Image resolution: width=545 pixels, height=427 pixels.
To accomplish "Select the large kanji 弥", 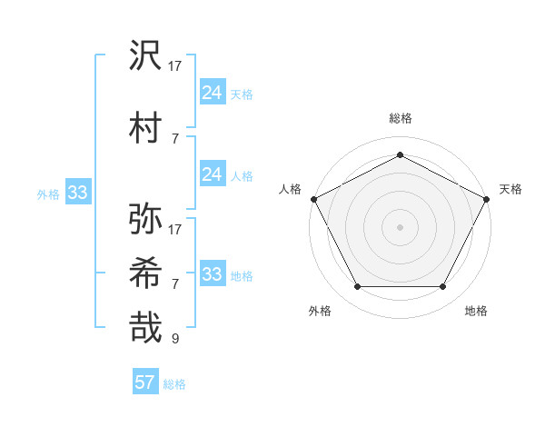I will click(x=146, y=218).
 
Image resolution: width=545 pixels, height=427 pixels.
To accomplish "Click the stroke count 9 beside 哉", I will click(x=175, y=339).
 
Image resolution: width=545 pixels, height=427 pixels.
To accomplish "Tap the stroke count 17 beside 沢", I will click(x=175, y=66).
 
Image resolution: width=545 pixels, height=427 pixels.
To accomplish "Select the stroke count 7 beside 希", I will click(x=175, y=283).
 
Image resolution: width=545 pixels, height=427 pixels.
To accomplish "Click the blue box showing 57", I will click(x=145, y=382).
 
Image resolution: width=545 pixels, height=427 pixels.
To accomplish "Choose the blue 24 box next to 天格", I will click(x=212, y=92).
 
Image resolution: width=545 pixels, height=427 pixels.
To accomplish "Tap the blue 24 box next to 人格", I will click(x=212, y=174).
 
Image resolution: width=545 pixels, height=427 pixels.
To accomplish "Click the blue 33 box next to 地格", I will click(x=212, y=274).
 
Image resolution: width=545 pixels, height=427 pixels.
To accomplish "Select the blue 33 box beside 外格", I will click(x=77, y=193).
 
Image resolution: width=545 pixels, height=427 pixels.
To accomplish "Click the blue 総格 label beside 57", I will click(x=174, y=384).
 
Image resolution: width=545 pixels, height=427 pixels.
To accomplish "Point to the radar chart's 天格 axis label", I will click(x=510, y=189).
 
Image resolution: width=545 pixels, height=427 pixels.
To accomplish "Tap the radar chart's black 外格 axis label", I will click(x=320, y=311).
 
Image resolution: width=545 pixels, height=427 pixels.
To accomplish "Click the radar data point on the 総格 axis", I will click(x=400, y=155).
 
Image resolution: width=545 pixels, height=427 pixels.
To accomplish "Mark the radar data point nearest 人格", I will click(x=314, y=198).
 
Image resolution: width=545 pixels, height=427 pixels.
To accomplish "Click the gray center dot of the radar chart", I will click(x=400, y=226).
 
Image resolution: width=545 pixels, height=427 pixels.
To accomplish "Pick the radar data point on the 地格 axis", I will click(x=443, y=287).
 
